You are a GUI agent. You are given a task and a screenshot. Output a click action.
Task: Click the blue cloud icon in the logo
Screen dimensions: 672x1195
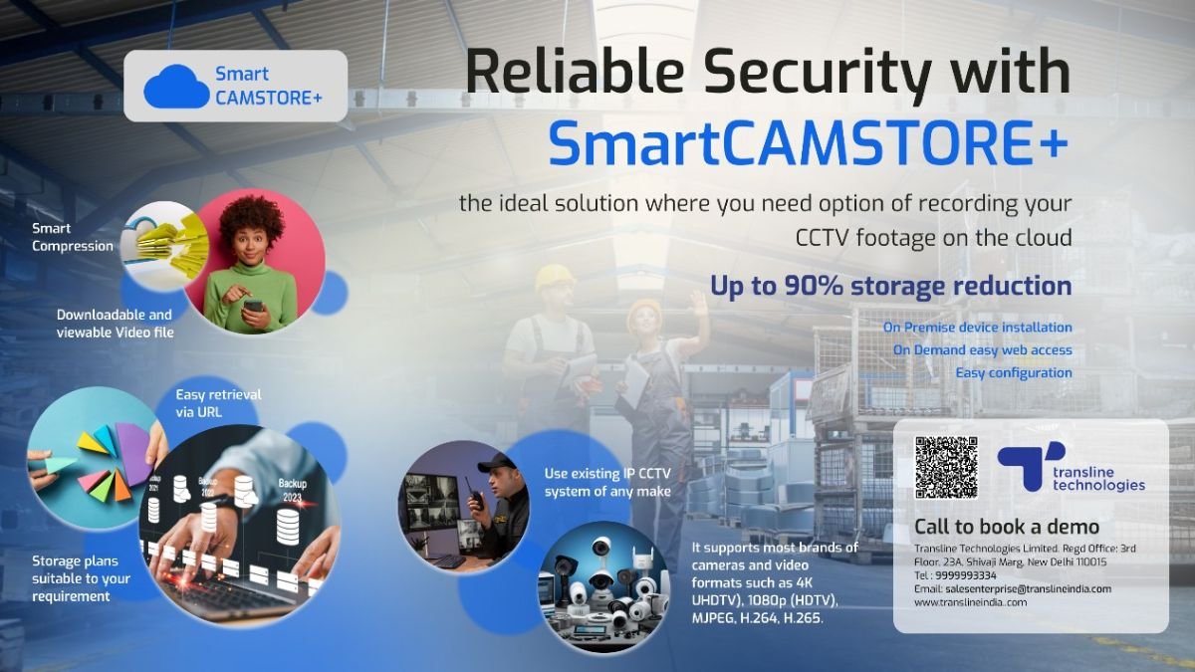pos(176,87)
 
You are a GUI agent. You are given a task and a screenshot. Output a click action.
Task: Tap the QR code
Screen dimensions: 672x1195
pos(946,467)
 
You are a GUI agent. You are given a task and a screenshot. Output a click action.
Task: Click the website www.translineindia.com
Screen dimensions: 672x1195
pos(970,602)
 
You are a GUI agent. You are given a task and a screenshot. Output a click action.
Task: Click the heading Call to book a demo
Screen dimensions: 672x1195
pos(1006,527)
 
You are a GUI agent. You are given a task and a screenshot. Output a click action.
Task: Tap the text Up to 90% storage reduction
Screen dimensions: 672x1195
pos(890,287)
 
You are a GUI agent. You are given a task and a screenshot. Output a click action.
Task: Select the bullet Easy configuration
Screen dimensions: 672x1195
pos(1014,373)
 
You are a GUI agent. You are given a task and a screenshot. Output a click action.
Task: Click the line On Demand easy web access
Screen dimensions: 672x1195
pos(982,350)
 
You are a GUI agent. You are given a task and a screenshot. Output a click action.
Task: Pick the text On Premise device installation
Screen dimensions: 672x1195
pos(977,328)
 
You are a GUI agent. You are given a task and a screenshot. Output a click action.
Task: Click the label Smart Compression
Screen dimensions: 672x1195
pos(72,238)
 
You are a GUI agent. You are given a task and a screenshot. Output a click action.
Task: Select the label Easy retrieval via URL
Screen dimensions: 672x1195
pos(218,402)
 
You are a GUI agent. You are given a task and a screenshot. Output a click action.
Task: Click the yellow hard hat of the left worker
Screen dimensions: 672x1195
pos(554,276)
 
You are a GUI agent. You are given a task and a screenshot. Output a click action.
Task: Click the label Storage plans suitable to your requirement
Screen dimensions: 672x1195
pos(81,578)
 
